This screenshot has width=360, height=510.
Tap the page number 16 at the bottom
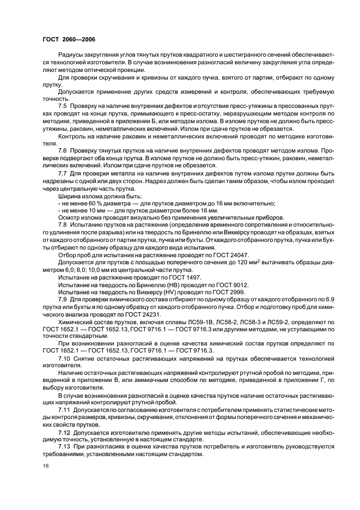(45, 465)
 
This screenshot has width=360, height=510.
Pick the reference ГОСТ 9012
(228, 284)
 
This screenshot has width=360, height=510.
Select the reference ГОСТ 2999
(224, 292)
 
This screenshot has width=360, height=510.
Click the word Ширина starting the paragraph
(69, 196)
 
